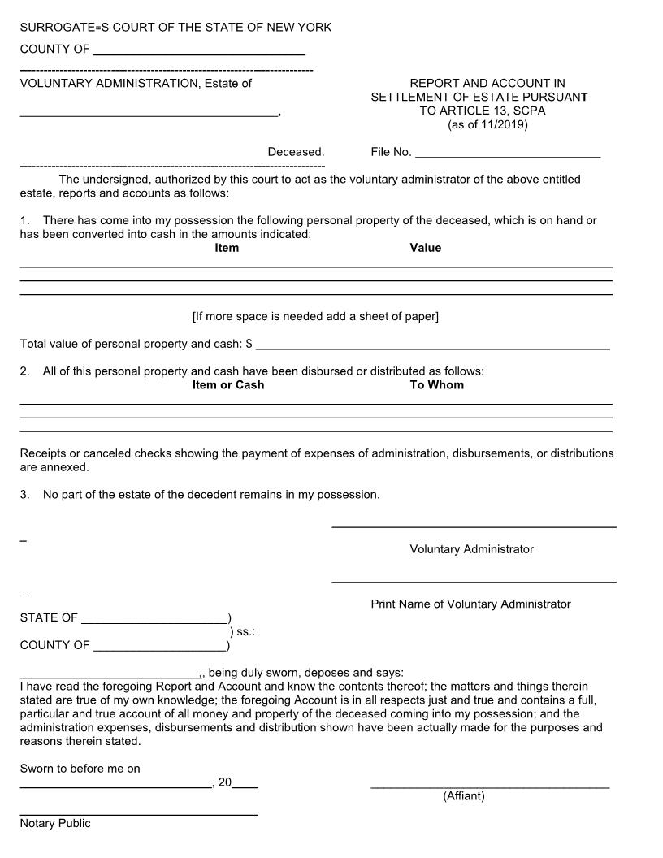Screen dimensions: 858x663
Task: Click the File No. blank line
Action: pos(508,154)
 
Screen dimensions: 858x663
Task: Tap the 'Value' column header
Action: pos(425,248)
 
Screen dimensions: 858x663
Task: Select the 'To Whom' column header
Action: pos(436,385)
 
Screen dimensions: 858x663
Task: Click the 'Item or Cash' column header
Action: pos(228,385)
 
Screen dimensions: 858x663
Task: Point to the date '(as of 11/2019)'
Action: pos(487,124)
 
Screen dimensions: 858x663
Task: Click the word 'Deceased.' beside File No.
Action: pos(296,152)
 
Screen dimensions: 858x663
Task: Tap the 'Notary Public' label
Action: pos(55,824)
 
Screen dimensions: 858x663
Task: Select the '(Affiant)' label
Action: pos(463,796)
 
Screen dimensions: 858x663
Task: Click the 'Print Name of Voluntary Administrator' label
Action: pos(470,604)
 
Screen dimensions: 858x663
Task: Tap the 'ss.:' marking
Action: pos(245,631)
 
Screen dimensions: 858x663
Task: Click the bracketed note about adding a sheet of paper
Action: pos(315,316)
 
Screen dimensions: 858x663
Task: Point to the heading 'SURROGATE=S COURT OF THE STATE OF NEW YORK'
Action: pos(175,28)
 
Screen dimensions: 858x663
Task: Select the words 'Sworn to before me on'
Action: pos(80,769)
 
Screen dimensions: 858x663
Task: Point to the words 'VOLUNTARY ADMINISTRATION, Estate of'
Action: pos(136,83)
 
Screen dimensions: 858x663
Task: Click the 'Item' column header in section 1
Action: pos(227,248)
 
